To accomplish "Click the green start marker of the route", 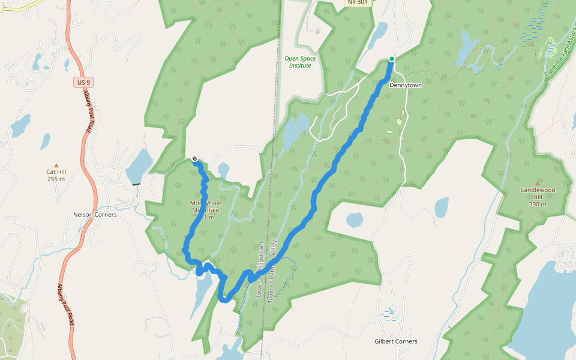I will click(391, 59).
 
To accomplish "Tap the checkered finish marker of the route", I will click(195, 159).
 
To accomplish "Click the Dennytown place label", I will click(406, 85).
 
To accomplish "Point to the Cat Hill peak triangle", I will click(56, 165).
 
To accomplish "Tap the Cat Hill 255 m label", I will click(56, 175).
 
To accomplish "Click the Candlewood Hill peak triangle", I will click(537, 183).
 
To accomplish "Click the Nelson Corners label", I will click(95, 214).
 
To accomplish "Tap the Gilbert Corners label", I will click(395, 341).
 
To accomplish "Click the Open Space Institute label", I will click(300, 62).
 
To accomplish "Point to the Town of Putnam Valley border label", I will click(274, 270).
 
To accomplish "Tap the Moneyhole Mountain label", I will click(205, 210).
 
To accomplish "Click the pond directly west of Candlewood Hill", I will click(442, 207).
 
